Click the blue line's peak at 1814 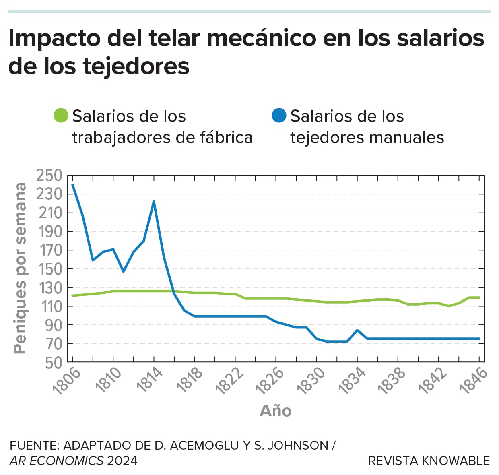(x=154, y=202)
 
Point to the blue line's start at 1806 (x=72, y=185)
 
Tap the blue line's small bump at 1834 (x=357, y=330)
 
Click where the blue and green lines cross (x=173, y=291)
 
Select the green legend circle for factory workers (x=61, y=116)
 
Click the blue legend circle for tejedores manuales (x=279, y=116)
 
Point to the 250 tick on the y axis (x=49, y=176)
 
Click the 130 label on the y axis (x=49, y=287)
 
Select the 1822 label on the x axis (x=229, y=381)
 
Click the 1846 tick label (x=474, y=381)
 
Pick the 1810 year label (x=108, y=381)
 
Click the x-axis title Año (x=276, y=411)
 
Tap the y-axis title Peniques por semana (x=20, y=268)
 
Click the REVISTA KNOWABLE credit (x=429, y=461)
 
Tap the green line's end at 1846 (x=479, y=297)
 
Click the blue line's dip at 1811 (x=123, y=271)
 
